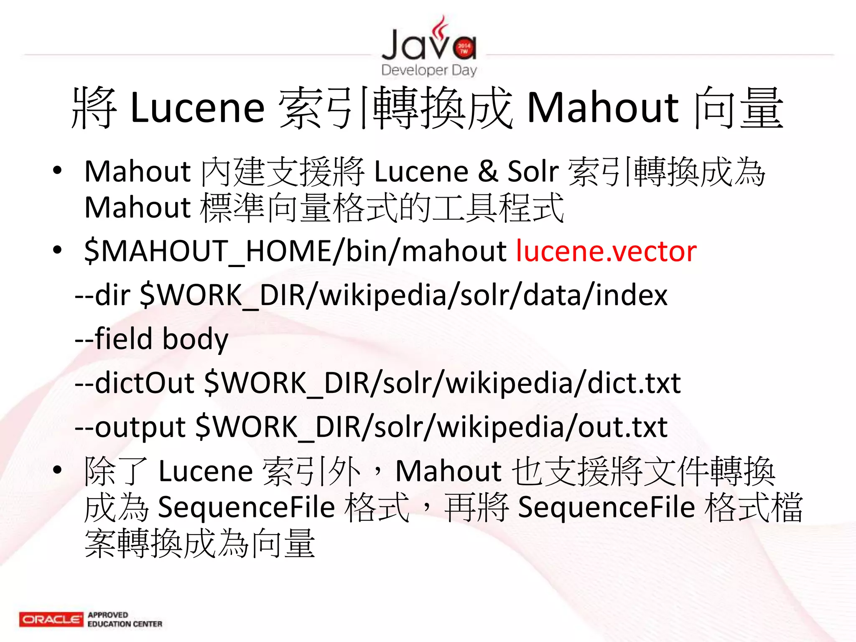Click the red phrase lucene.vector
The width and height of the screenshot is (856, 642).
tap(606, 251)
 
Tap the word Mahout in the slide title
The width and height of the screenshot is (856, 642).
tap(603, 108)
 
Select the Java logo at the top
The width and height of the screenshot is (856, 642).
tap(429, 42)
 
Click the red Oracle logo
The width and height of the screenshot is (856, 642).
tap(51, 619)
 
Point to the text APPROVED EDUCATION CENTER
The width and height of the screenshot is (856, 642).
tap(125, 619)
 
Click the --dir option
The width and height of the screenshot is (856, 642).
tap(102, 295)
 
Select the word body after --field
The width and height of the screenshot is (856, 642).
tap(195, 339)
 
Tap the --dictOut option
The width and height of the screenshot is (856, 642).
tap(134, 383)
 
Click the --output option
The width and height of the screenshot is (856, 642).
tap(130, 427)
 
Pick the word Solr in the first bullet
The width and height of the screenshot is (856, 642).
tap(533, 171)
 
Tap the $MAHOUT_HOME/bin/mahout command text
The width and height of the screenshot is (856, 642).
tap(295, 251)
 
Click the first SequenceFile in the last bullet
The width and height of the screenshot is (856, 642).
tap(247, 507)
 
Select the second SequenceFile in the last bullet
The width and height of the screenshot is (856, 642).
tap(606, 507)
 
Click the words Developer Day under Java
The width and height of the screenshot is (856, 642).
tap(429, 70)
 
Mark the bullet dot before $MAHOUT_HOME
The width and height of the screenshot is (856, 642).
tap(57, 250)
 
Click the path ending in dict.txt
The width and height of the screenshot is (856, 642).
tap(443, 383)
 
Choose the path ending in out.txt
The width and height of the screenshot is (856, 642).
tap(431, 427)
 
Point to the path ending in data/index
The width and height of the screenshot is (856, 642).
tap(403, 295)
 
